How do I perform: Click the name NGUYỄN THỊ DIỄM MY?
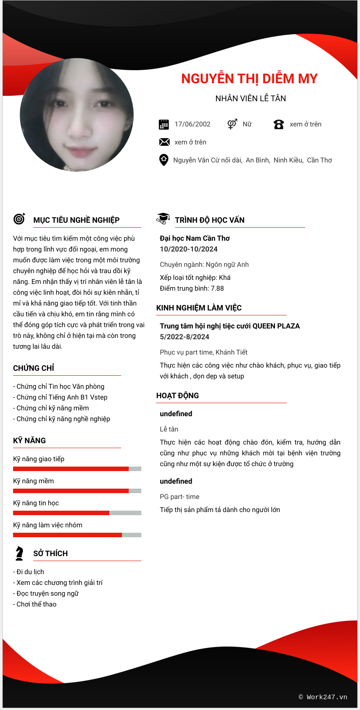(249, 79)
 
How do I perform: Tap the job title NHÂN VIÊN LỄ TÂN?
(251, 99)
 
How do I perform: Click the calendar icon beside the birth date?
(164, 125)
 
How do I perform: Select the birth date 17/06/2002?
(192, 124)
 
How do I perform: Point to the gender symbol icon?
(232, 124)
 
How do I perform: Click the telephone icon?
(279, 125)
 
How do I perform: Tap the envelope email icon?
(164, 142)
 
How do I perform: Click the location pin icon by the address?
(164, 160)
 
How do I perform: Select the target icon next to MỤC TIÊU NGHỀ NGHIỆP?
(19, 219)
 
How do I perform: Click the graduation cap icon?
(163, 219)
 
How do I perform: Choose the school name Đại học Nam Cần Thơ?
(195, 238)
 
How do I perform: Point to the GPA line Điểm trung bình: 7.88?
(192, 288)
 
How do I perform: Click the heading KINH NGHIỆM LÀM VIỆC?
(199, 308)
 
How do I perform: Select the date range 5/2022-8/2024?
(184, 337)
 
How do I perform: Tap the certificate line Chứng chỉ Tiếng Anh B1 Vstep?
(60, 397)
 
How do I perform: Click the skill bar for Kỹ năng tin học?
(77, 513)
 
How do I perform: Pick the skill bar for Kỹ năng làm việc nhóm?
(77, 535)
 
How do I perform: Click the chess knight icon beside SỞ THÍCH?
(19, 553)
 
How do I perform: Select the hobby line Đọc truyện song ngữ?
(46, 593)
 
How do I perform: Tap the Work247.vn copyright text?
(323, 697)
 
